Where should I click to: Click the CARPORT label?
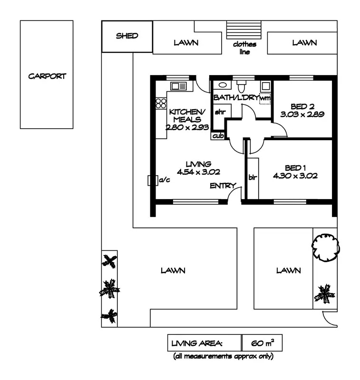click(47, 76)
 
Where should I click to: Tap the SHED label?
click(127, 36)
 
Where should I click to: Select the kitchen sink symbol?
click(179, 86)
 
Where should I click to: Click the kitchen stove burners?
click(161, 104)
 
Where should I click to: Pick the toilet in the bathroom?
click(242, 86)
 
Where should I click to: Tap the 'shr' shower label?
click(219, 112)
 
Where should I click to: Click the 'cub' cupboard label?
click(218, 136)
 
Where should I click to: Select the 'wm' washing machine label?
click(265, 98)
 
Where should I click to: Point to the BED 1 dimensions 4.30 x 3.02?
click(294, 175)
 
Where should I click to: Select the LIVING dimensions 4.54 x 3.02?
click(198, 172)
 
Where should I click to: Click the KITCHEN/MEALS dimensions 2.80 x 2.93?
click(185, 127)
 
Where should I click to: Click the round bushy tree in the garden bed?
click(326, 245)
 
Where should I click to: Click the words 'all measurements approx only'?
click(223, 356)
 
